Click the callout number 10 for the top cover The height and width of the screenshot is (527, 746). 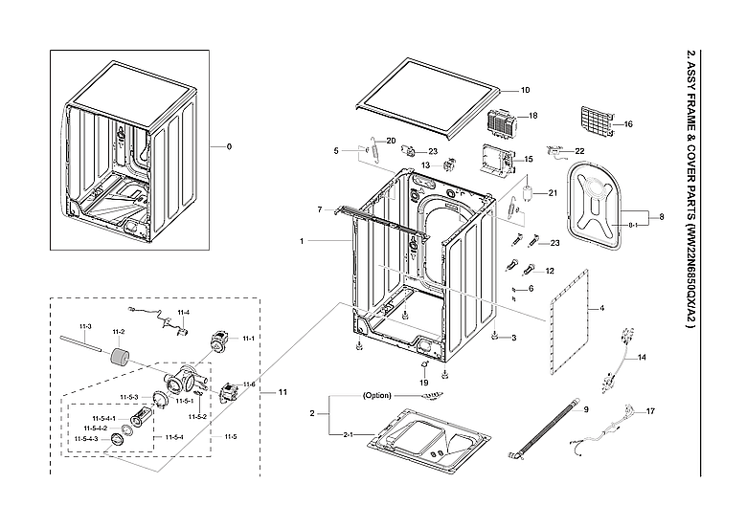[x=525, y=90]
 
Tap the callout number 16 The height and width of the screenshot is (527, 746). [x=628, y=124]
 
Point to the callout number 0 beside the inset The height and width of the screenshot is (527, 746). [x=229, y=146]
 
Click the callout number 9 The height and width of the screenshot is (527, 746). [x=586, y=410]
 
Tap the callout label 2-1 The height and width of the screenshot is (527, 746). [x=347, y=434]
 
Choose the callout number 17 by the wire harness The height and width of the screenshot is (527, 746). [x=650, y=411]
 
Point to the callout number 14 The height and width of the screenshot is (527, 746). [x=642, y=357]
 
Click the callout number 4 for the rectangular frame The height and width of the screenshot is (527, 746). [x=601, y=309]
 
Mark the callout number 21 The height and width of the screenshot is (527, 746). [x=553, y=193]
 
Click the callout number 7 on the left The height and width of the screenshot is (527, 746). [x=319, y=209]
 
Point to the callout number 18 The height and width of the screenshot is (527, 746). [x=533, y=116]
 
